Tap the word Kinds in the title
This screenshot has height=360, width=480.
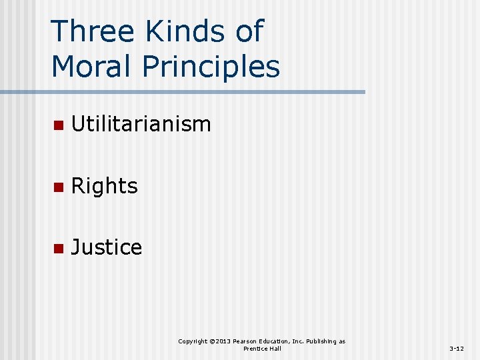(x=174, y=31)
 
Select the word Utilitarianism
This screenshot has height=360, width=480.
(x=141, y=124)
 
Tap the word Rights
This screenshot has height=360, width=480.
(x=104, y=186)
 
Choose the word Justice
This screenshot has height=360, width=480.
(x=106, y=247)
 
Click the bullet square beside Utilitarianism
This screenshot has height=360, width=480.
(x=58, y=125)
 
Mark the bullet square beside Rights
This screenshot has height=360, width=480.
(x=58, y=187)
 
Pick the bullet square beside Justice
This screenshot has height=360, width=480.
(x=58, y=248)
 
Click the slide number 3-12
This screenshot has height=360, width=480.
(x=457, y=349)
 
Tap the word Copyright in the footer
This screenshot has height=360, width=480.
(x=193, y=341)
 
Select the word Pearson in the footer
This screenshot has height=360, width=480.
(x=246, y=341)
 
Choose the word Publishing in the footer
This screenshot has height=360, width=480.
(x=322, y=341)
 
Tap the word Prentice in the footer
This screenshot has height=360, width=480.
(x=255, y=349)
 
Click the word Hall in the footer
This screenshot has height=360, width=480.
(x=275, y=349)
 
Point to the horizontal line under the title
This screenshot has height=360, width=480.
(x=200, y=92)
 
